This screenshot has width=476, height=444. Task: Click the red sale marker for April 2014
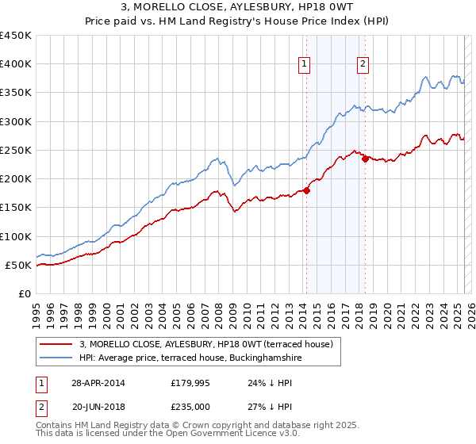coord(306,190)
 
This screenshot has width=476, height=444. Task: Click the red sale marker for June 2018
coord(365,159)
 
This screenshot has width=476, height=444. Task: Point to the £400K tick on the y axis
coord(16,64)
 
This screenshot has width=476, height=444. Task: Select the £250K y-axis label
coord(16,150)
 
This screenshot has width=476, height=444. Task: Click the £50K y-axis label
coord(19,265)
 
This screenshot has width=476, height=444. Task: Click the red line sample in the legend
coord(56,344)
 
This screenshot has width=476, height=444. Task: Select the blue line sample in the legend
coord(56,358)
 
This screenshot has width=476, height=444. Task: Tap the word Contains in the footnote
coord(55,427)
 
